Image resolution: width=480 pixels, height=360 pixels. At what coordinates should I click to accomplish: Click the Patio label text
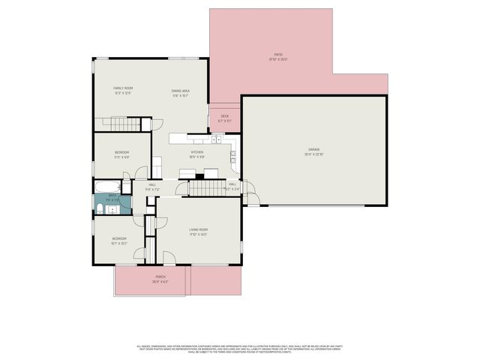277,54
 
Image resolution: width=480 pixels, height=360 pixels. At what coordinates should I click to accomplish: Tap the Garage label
313,149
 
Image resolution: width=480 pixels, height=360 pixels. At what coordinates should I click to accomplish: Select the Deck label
224,115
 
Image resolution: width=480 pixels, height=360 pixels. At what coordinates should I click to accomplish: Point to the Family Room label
123,88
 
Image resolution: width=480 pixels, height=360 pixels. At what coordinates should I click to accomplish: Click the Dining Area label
180,91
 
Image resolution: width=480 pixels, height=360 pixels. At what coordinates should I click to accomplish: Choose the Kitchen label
197,152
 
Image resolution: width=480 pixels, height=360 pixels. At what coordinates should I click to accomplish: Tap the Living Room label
198,229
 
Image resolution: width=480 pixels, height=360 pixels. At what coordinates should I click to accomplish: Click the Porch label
160,277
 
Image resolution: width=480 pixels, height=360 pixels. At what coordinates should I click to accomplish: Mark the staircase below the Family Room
117,123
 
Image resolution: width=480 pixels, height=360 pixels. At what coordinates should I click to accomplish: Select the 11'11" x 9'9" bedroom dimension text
121,157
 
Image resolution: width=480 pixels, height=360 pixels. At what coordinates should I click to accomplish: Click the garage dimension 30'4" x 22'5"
313,154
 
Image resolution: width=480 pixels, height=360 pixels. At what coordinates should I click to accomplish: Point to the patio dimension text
277,59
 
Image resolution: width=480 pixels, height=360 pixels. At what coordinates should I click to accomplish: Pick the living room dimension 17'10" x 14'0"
198,235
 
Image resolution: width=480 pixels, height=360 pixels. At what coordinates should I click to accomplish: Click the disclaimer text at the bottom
239,349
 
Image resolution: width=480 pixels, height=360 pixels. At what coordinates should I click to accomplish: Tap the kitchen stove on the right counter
233,156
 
